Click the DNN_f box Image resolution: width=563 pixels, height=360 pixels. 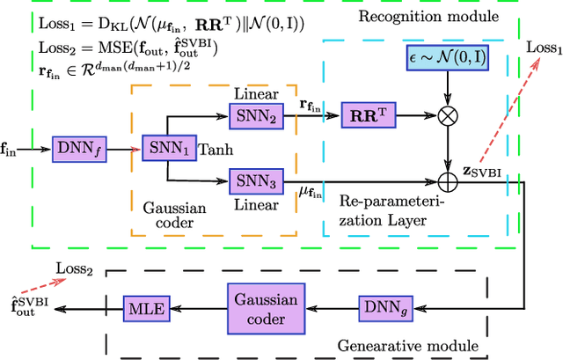[77, 149]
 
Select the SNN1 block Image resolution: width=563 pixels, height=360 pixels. [166, 149]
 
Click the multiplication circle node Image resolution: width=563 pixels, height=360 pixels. [449, 114]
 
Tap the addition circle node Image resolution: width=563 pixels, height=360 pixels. [449, 183]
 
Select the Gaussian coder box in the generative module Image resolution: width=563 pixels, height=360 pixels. [265, 306]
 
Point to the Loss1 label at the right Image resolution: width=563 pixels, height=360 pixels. [543, 48]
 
